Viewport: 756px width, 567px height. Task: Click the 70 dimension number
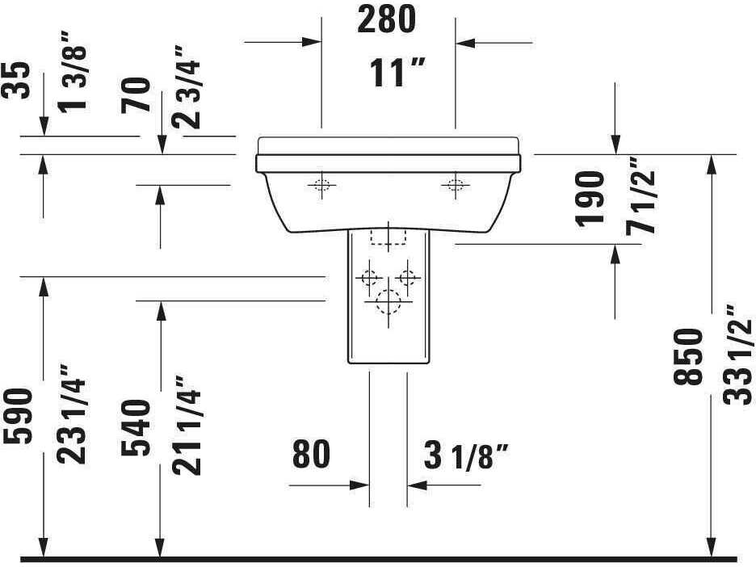coord(139,94)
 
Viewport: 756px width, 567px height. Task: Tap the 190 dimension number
coord(591,197)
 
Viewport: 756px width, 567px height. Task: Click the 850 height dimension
coord(692,357)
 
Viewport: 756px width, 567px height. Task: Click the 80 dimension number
coord(311,455)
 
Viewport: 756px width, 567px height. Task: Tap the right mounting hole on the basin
coord(456,186)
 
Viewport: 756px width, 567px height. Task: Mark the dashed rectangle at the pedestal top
coord(388,236)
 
